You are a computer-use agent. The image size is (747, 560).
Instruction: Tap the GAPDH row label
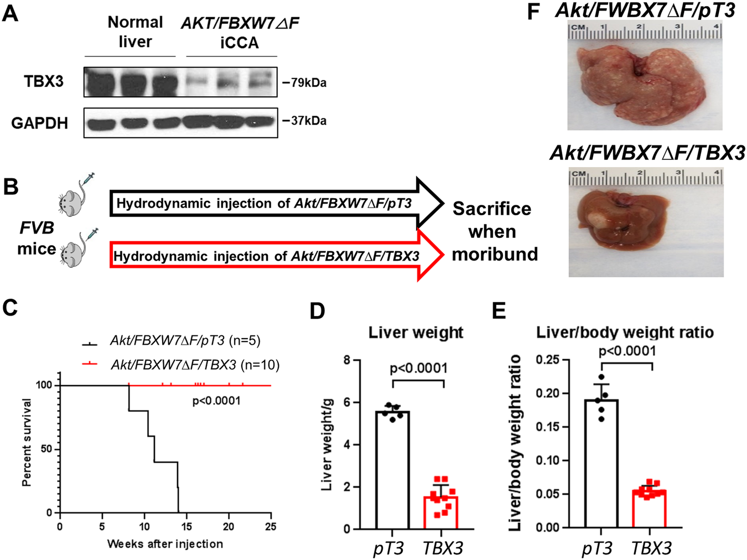(39, 123)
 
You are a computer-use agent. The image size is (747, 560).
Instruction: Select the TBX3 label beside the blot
(44, 81)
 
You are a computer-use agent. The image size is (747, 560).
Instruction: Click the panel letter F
(533, 12)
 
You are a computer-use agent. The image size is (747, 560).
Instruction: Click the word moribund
(495, 254)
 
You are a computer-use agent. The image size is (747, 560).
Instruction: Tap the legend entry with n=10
(194, 365)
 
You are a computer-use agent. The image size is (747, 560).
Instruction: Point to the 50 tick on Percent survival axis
(46, 449)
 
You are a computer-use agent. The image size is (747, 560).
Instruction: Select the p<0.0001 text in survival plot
(216, 401)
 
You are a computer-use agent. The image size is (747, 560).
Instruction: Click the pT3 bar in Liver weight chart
(392, 470)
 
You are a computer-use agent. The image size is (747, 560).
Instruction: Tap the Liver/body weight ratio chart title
(624, 332)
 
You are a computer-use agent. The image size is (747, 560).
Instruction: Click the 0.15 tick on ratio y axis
(547, 427)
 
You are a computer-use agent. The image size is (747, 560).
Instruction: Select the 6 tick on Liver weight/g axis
(347, 402)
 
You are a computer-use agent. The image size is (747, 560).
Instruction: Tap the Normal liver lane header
(135, 32)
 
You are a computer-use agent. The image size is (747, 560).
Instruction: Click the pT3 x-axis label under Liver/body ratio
(596, 548)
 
